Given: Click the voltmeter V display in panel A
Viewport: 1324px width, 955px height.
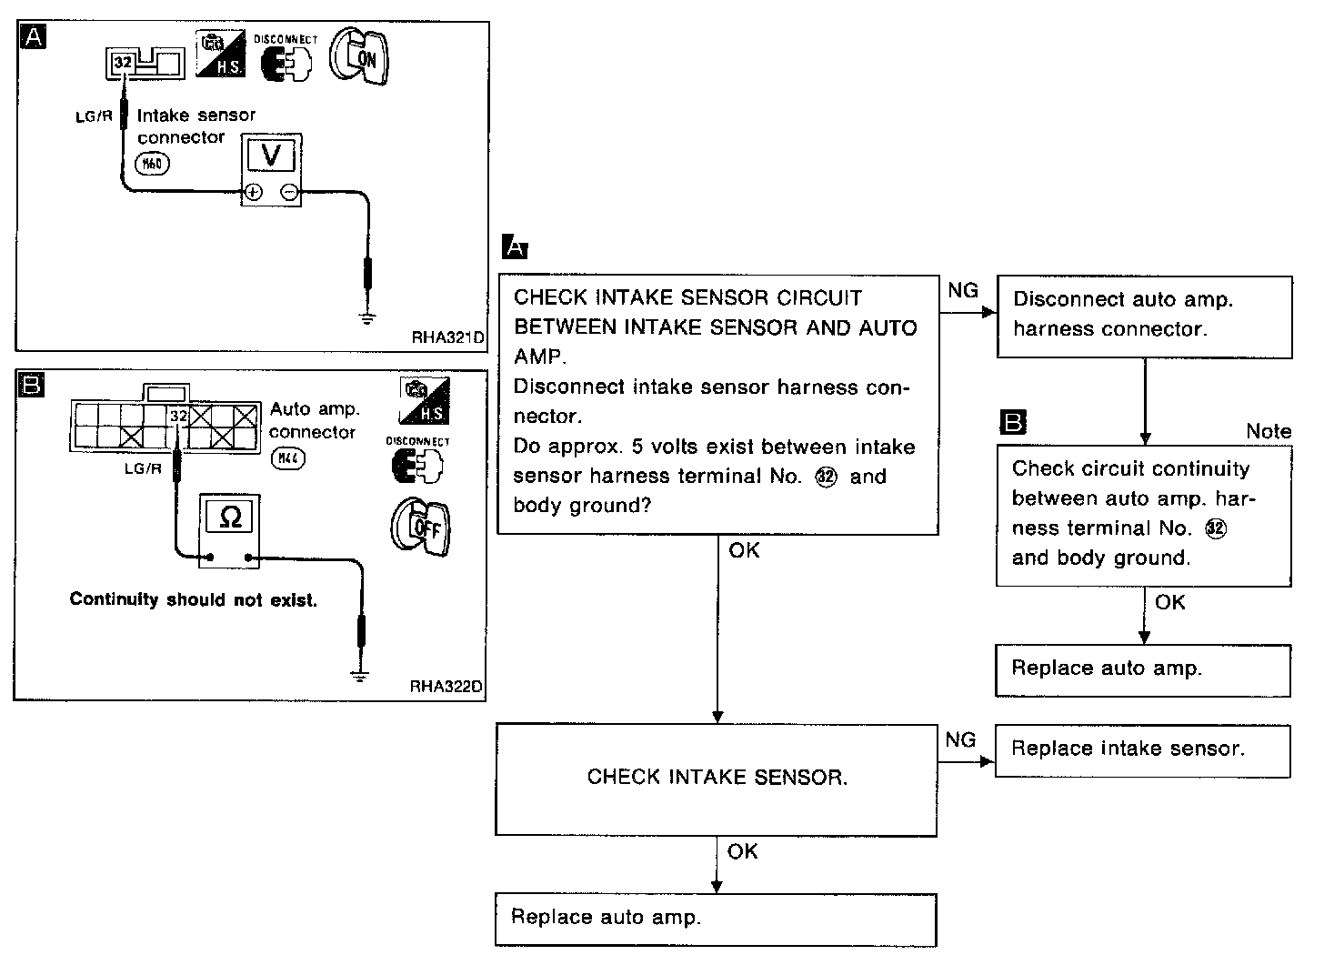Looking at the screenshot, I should tap(271, 156).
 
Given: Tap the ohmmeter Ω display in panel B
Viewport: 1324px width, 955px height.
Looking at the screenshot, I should tap(230, 517).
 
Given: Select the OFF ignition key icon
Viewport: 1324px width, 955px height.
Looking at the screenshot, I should tap(420, 528).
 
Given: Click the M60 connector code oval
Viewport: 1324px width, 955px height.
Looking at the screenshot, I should tap(152, 163).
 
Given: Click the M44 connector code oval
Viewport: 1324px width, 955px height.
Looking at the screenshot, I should tap(287, 459).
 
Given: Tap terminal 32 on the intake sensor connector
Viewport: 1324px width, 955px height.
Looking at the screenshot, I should tap(122, 63).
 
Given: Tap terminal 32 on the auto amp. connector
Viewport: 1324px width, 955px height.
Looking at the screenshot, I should tap(178, 417).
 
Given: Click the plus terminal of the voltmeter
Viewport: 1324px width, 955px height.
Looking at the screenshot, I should tap(253, 192).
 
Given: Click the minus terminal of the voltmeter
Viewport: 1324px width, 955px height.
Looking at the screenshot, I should tap(288, 192).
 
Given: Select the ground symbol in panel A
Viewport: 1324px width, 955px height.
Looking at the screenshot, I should tap(366, 317).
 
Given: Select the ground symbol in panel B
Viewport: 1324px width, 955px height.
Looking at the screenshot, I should tap(361, 674).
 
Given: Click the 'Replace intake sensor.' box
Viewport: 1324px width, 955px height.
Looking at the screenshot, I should tap(1142, 750).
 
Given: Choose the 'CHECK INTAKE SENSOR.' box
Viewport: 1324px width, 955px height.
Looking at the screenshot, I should tap(716, 779).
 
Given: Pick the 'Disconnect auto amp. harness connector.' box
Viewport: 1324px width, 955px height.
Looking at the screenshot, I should tap(1144, 316).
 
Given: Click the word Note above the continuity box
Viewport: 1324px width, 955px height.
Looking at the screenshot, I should tap(1269, 431).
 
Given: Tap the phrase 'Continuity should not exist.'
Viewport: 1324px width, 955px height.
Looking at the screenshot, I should tap(194, 600).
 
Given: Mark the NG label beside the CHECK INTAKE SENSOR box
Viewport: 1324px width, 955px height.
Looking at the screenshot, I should tap(960, 739).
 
